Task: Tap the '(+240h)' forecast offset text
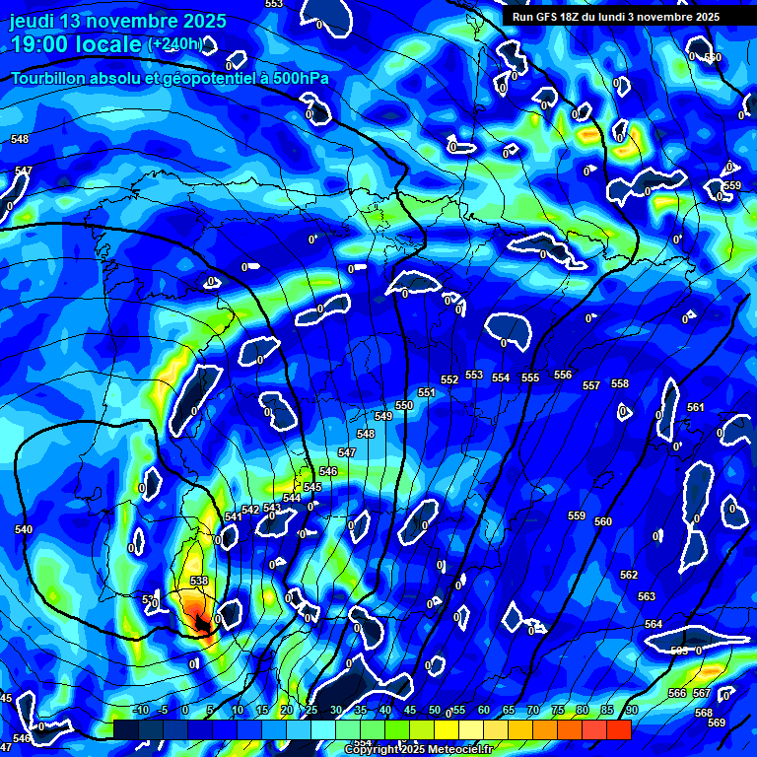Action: pyautogui.click(x=177, y=43)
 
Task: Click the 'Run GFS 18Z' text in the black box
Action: pyautogui.click(x=547, y=17)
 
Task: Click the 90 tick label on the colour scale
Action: pyautogui.click(x=631, y=710)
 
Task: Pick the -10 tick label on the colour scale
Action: pyautogui.click(x=140, y=710)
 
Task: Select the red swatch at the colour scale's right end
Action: pyautogui.click(x=618, y=729)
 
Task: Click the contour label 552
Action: pyautogui.click(x=449, y=379)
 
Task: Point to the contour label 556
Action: pyautogui.click(x=563, y=375)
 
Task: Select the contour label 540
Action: pyautogui.click(x=24, y=529)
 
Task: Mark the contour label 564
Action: pyautogui.click(x=654, y=624)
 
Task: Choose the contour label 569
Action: pyautogui.click(x=717, y=723)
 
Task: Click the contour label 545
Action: pyautogui.click(x=312, y=487)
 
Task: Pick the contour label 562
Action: pyautogui.click(x=629, y=575)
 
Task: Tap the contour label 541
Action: pyautogui.click(x=233, y=516)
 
